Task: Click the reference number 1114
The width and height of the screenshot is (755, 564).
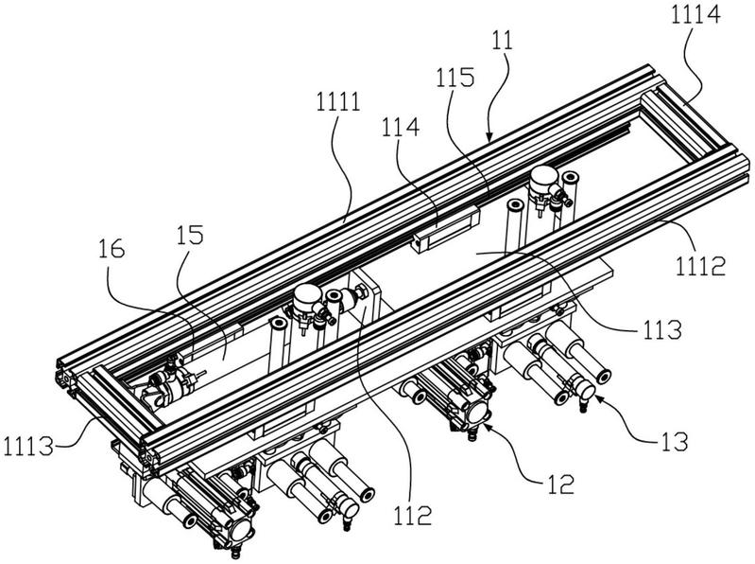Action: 695,14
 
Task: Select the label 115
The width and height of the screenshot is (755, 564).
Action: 455,78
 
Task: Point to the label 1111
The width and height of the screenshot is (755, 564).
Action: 338,102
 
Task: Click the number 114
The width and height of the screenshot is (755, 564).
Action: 401,128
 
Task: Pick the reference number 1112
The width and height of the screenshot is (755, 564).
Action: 700,266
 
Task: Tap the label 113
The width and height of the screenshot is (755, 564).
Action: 661,330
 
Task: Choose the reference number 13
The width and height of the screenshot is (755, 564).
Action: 674,442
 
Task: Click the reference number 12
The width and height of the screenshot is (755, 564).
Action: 560,484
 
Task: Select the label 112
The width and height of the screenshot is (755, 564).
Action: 413,517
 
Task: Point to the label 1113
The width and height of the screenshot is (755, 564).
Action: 27,447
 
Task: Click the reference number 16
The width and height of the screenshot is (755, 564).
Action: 112,249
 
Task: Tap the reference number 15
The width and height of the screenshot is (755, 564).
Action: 190,235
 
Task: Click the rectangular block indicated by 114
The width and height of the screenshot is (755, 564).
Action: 445,227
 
